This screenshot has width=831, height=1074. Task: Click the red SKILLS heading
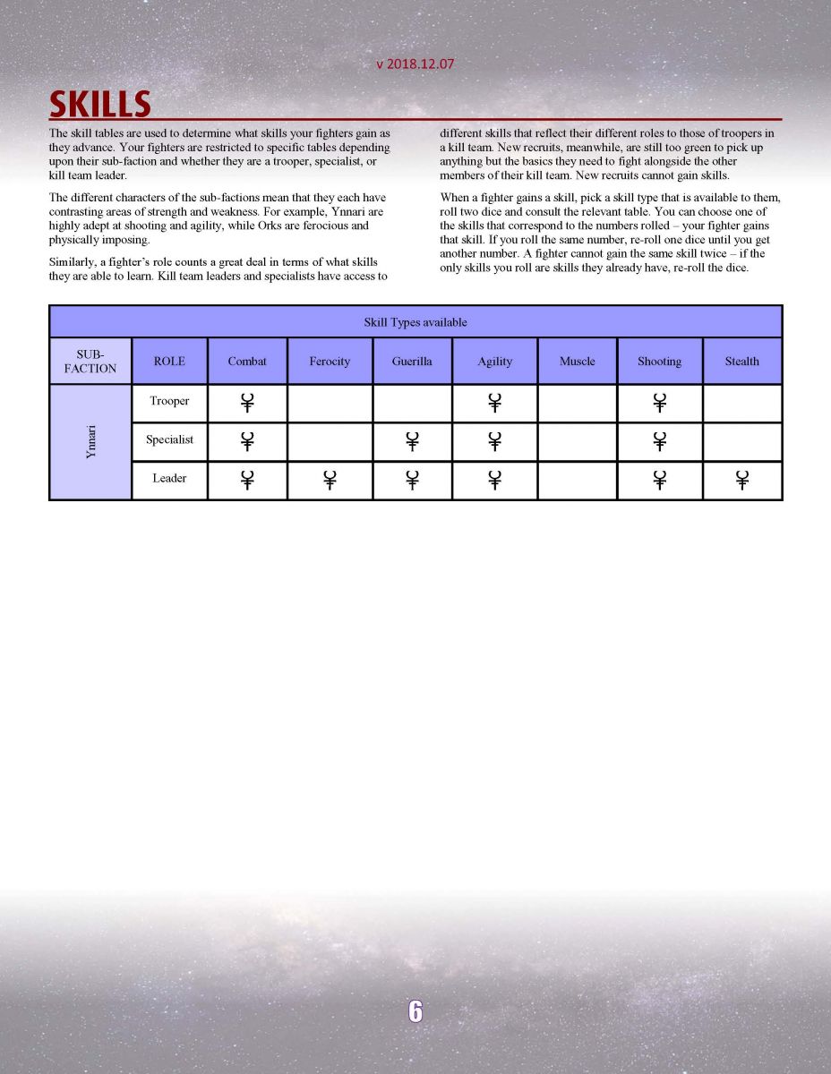[99, 104]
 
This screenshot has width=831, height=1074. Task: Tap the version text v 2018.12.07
[415, 64]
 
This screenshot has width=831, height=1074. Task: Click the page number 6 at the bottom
[415, 1010]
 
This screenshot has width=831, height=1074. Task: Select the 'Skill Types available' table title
[415, 322]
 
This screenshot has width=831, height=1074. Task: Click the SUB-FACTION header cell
[90, 362]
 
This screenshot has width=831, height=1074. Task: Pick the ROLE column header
[169, 362]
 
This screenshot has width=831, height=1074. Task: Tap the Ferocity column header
[330, 362]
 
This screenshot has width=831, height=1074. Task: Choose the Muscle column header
[577, 362]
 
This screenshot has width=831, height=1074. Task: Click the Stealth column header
[741, 362]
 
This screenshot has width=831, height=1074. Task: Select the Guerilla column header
[412, 362]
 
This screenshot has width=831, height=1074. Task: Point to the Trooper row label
[169, 401]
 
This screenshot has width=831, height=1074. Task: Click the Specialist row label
[169, 439]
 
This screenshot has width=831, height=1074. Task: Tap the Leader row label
[169, 478]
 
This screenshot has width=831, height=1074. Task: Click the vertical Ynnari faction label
[90, 441]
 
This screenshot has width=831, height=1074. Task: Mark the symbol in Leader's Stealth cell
[741, 480]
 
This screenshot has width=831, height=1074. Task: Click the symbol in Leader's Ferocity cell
[330, 480]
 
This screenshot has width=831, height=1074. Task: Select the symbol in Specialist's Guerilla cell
[412, 441]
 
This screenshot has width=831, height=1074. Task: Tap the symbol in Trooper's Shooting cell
[659, 403]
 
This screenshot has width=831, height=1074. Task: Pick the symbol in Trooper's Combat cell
[247, 403]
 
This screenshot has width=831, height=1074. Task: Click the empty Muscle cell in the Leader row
[577, 480]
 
